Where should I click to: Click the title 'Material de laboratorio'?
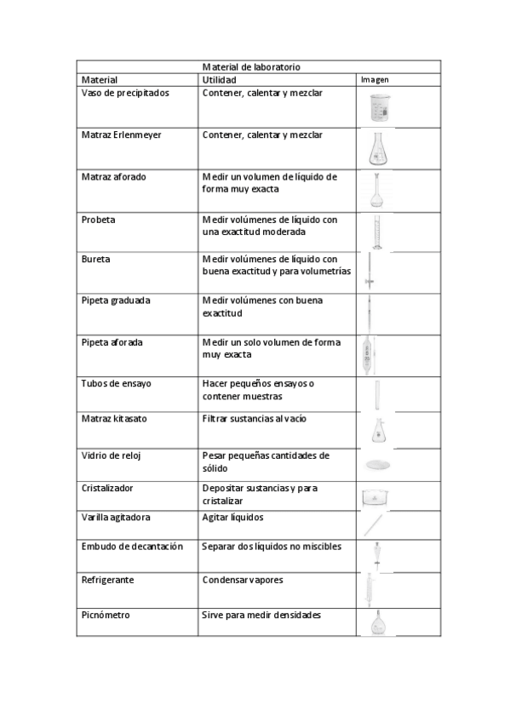(x=251, y=66)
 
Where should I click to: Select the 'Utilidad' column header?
(x=219, y=79)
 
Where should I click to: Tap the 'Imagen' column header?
(x=375, y=79)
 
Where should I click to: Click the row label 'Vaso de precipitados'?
(x=125, y=92)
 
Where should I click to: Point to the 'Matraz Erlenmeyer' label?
(x=122, y=135)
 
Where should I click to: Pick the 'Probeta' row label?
(x=99, y=219)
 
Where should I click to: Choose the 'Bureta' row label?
(x=95, y=258)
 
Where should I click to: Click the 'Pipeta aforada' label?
(x=112, y=342)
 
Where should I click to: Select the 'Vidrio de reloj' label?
(x=111, y=456)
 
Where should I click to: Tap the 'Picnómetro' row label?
(x=106, y=614)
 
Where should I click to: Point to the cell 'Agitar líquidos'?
(x=232, y=517)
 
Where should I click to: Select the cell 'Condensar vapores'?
(x=243, y=580)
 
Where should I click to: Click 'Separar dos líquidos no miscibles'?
(x=272, y=546)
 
